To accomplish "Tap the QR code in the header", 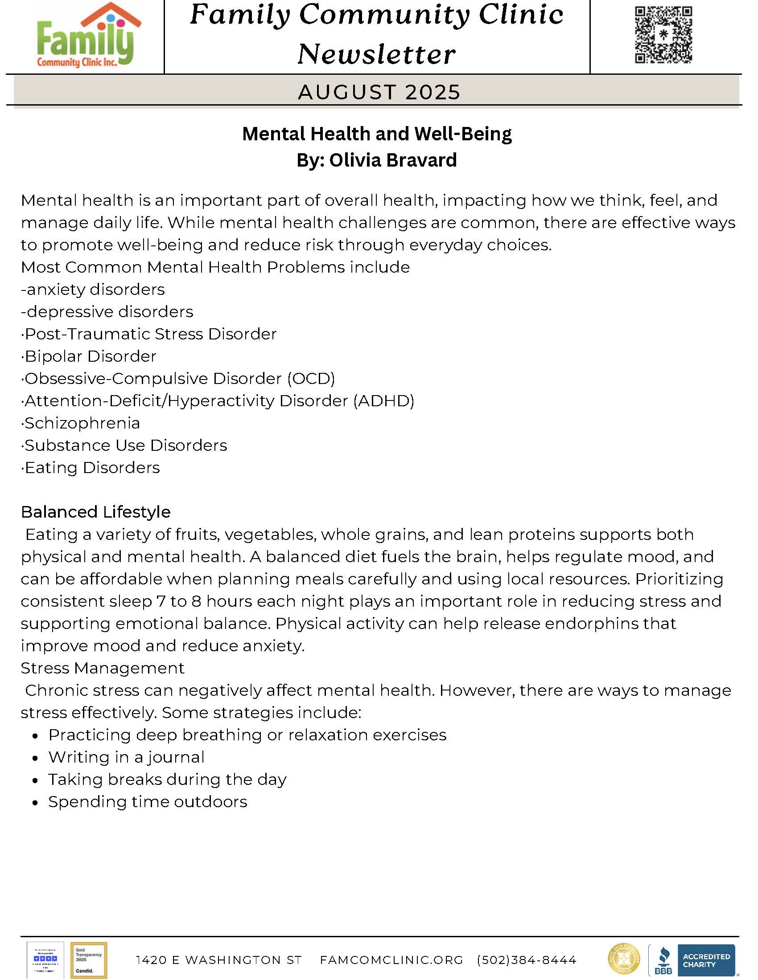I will tap(663, 35).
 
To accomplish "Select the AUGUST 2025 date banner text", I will tap(379, 92).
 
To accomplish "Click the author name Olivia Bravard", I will tap(393, 160).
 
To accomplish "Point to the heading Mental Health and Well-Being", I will tap(377, 134).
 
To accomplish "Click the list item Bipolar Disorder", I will tap(90, 356).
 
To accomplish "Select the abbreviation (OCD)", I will tap(311, 379).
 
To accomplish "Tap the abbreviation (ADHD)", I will tap(384, 401).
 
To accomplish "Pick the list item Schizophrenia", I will tap(82, 423).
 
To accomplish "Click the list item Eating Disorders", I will tap(92, 468).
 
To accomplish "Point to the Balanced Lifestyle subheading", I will tap(96, 512).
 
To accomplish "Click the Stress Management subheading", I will tap(103, 668).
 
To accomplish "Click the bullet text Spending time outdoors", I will tap(148, 802).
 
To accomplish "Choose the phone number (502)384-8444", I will tap(526, 960).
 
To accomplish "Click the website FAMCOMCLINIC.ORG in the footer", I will tap(391, 960).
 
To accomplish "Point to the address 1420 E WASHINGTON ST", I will tap(218, 960).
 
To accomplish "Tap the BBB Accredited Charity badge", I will tap(691, 960).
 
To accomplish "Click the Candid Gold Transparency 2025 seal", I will tap(89, 960).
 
